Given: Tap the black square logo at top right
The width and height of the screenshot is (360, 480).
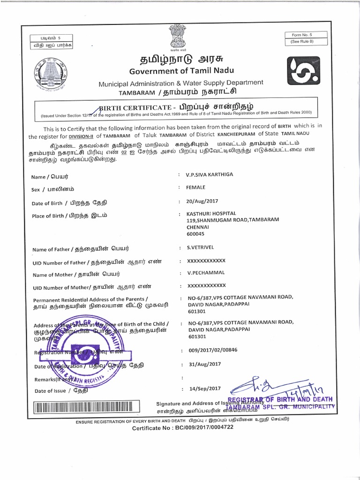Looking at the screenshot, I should (x=303, y=70).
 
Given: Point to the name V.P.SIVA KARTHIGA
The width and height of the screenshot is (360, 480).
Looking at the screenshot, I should (x=209, y=174).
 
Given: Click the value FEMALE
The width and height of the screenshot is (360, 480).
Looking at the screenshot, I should (x=195, y=187).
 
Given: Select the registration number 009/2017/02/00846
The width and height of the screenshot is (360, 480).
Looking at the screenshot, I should (x=212, y=350).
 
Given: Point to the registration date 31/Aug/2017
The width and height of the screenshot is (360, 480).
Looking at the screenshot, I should (x=204, y=364).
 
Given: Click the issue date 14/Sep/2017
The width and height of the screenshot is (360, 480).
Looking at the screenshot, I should (x=204, y=389).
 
